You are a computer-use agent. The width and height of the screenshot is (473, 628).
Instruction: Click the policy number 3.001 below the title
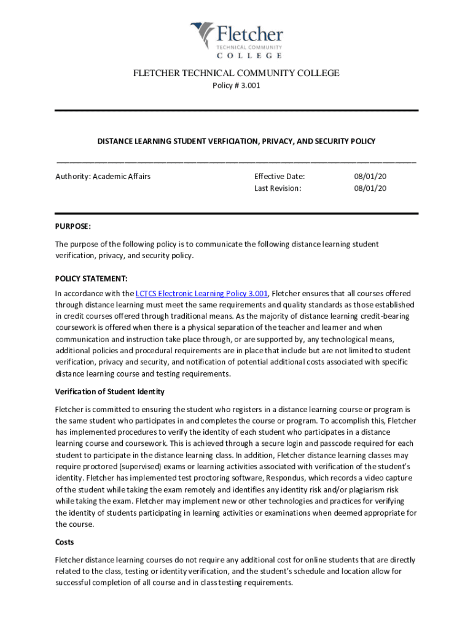point(237,86)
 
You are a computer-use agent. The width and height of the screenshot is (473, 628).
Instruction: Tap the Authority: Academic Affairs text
point(103,177)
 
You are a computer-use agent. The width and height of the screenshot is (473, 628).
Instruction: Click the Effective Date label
point(279,177)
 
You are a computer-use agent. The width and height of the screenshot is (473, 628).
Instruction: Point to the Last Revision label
point(278,188)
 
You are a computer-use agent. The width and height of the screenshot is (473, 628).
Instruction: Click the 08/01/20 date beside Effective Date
point(370,177)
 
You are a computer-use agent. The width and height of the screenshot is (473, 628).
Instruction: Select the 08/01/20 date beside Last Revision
point(370,188)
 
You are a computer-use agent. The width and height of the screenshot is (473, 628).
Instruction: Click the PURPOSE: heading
point(73,226)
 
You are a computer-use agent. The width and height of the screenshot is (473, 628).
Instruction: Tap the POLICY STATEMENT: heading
point(92,278)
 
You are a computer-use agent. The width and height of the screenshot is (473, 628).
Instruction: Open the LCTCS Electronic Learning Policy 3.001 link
point(201,294)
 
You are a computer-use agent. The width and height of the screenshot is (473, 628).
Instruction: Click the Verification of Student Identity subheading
point(110,392)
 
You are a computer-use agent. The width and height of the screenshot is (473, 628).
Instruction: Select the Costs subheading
point(65,542)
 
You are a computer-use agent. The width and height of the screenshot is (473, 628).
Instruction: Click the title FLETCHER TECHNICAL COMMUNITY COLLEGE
point(237,74)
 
